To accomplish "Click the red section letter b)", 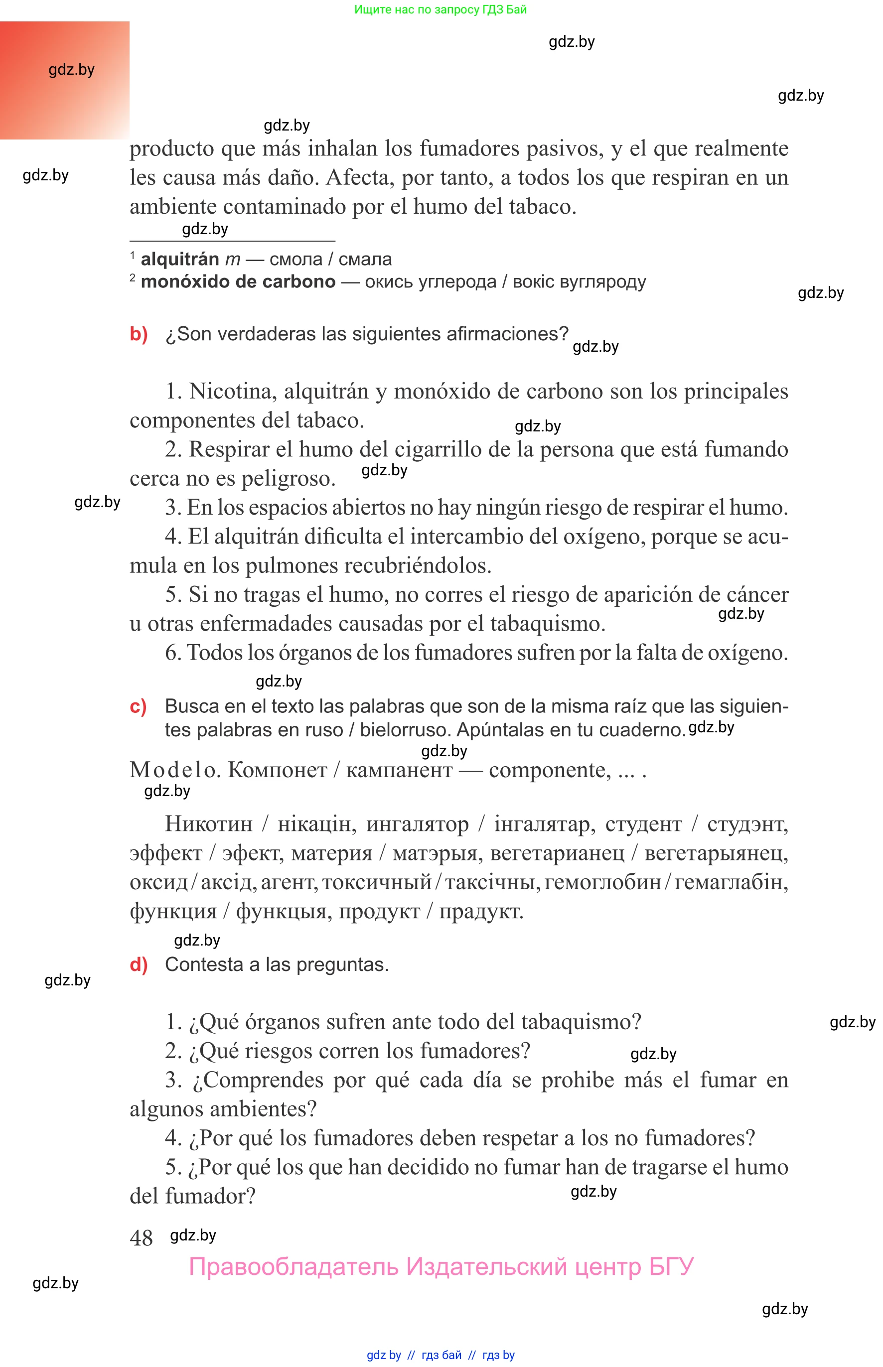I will [x=139, y=334].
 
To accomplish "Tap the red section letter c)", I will [x=138, y=706].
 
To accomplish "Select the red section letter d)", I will [x=139, y=964].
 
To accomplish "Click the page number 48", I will [x=141, y=1238].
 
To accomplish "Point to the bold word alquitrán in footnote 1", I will [x=179, y=259].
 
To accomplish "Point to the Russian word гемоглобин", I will [x=602, y=882].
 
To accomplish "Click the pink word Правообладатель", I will [x=294, y=1267].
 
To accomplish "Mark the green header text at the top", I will [x=441, y=9].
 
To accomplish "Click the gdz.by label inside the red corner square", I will [x=71, y=70].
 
